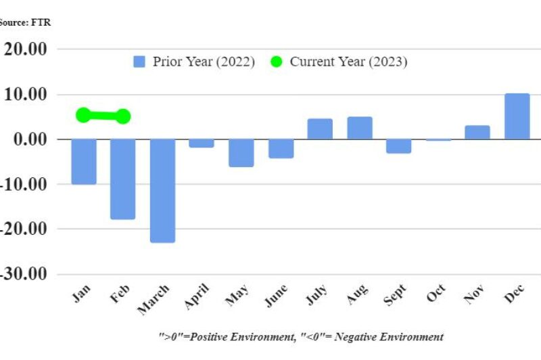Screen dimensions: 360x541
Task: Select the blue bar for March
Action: [x=162, y=191]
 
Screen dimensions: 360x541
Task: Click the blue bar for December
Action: [x=517, y=116]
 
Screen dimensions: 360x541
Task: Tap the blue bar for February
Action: [x=122, y=179]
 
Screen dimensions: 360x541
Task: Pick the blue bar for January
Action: [x=84, y=162]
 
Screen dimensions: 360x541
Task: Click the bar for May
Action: [x=241, y=153]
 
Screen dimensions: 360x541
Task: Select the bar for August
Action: [x=360, y=128]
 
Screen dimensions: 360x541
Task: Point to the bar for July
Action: [x=320, y=129]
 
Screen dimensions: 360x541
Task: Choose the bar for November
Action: [x=477, y=133]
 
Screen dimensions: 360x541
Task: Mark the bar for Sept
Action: [x=399, y=146]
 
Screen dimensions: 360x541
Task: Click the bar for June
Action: [x=281, y=149]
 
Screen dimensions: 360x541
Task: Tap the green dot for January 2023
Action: [x=83, y=115]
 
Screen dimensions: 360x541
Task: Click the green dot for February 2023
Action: [x=123, y=116]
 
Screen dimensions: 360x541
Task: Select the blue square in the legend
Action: [x=139, y=62]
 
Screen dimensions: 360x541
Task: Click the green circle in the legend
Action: [x=277, y=62]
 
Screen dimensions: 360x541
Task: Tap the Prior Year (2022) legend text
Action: [x=204, y=62]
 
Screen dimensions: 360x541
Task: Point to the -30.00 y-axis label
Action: [x=26, y=274]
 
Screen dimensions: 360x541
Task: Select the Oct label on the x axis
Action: [x=436, y=296]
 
